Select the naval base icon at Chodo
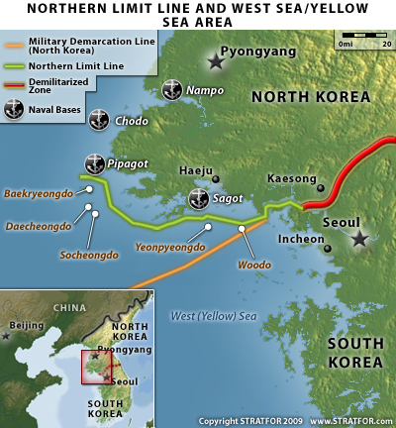pyautogui.click(x=99, y=120)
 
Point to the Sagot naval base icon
pyautogui.click(x=198, y=198)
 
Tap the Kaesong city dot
pyautogui.click(x=320, y=187)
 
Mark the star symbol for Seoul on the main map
pyautogui.click(x=359, y=239)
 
